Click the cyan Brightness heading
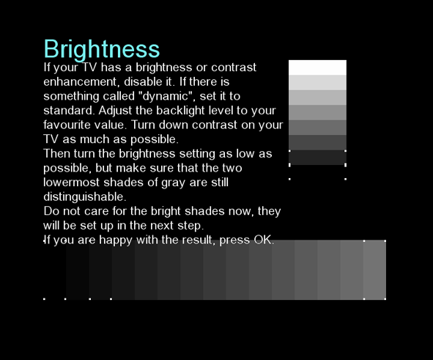102,49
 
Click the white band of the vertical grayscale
317,67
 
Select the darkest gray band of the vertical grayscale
317,158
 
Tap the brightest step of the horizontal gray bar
374,270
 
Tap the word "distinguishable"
84,196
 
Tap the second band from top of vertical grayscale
317,83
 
